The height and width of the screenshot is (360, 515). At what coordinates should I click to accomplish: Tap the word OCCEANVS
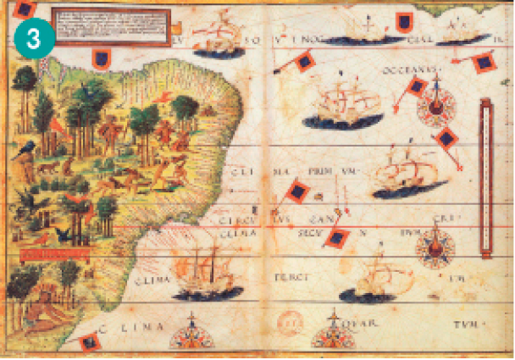click(x=410, y=70)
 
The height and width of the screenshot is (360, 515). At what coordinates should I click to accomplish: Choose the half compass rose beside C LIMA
click(x=191, y=336)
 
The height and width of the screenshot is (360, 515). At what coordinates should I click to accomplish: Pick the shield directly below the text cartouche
click(x=101, y=58)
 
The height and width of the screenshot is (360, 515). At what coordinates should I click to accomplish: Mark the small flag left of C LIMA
click(x=86, y=341)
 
